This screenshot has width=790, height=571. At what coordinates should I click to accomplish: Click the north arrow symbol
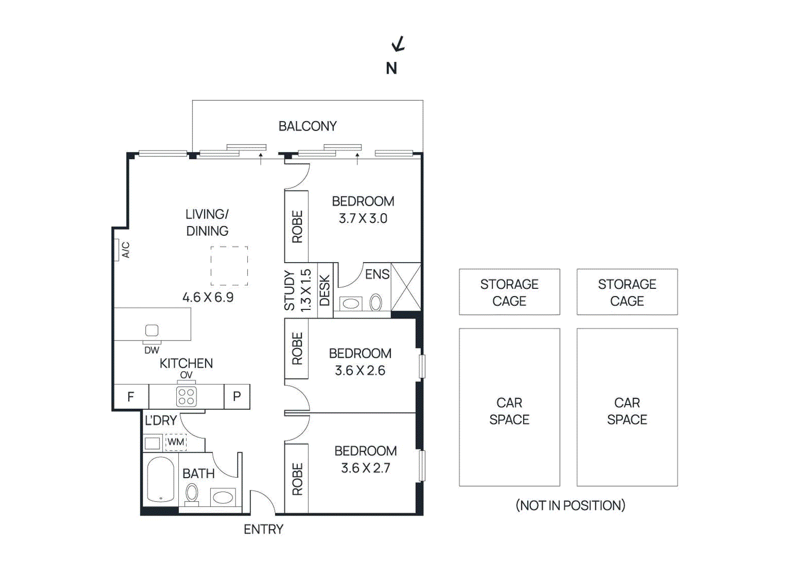398,44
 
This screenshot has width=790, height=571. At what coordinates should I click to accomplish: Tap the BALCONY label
307,126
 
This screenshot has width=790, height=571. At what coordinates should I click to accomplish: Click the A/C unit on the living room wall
117,250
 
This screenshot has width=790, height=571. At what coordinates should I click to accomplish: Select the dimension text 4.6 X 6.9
208,297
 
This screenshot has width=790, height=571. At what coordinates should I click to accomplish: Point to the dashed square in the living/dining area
229,266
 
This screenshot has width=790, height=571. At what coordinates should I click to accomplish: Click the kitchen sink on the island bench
152,330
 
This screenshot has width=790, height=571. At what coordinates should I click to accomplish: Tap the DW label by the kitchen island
152,350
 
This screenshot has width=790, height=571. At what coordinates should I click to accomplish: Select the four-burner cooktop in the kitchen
186,397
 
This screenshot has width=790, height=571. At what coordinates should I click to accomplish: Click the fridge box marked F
131,397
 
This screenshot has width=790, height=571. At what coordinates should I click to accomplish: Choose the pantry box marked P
237,397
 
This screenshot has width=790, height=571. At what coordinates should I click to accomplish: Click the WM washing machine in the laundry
176,442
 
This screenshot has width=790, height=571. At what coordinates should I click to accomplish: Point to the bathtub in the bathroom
160,479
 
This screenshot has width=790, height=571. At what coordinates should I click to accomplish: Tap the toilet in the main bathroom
192,493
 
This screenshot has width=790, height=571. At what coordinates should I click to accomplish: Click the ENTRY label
263,529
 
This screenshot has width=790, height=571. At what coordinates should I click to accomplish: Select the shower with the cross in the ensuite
406,287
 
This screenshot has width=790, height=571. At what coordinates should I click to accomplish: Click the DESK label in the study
324,290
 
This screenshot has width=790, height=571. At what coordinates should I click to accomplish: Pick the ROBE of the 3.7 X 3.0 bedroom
297,227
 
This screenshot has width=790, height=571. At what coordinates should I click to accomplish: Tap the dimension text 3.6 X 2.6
360,371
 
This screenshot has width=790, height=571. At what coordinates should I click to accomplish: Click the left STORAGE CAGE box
509,292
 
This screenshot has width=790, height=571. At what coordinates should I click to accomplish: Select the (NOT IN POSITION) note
570,505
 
